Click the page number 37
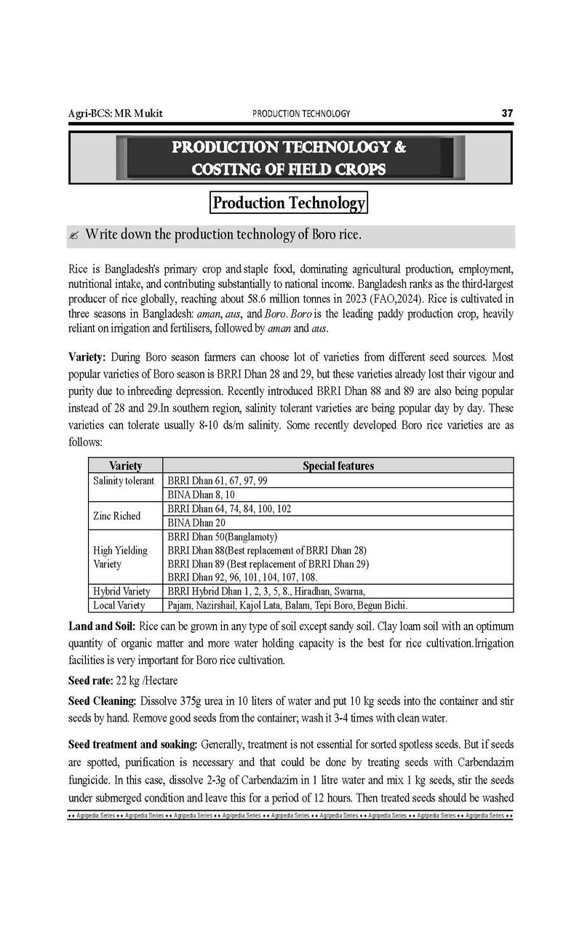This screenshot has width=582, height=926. click(x=507, y=113)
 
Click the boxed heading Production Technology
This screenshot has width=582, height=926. click(x=288, y=203)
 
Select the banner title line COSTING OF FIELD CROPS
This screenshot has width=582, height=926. click(x=289, y=169)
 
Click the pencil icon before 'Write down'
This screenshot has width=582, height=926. click(x=74, y=236)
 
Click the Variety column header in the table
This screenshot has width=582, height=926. click(x=125, y=466)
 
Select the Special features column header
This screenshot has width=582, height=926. click(x=338, y=466)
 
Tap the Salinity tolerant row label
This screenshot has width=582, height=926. click(x=124, y=481)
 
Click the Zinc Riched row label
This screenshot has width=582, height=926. click(x=116, y=516)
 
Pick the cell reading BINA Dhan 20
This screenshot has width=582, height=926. click(x=196, y=523)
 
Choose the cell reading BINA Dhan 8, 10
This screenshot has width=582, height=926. click(x=202, y=495)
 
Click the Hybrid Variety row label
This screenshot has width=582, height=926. click(x=121, y=591)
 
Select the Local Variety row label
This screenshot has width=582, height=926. click(x=119, y=605)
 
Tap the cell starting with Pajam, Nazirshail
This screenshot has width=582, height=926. click(x=287, y=605)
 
